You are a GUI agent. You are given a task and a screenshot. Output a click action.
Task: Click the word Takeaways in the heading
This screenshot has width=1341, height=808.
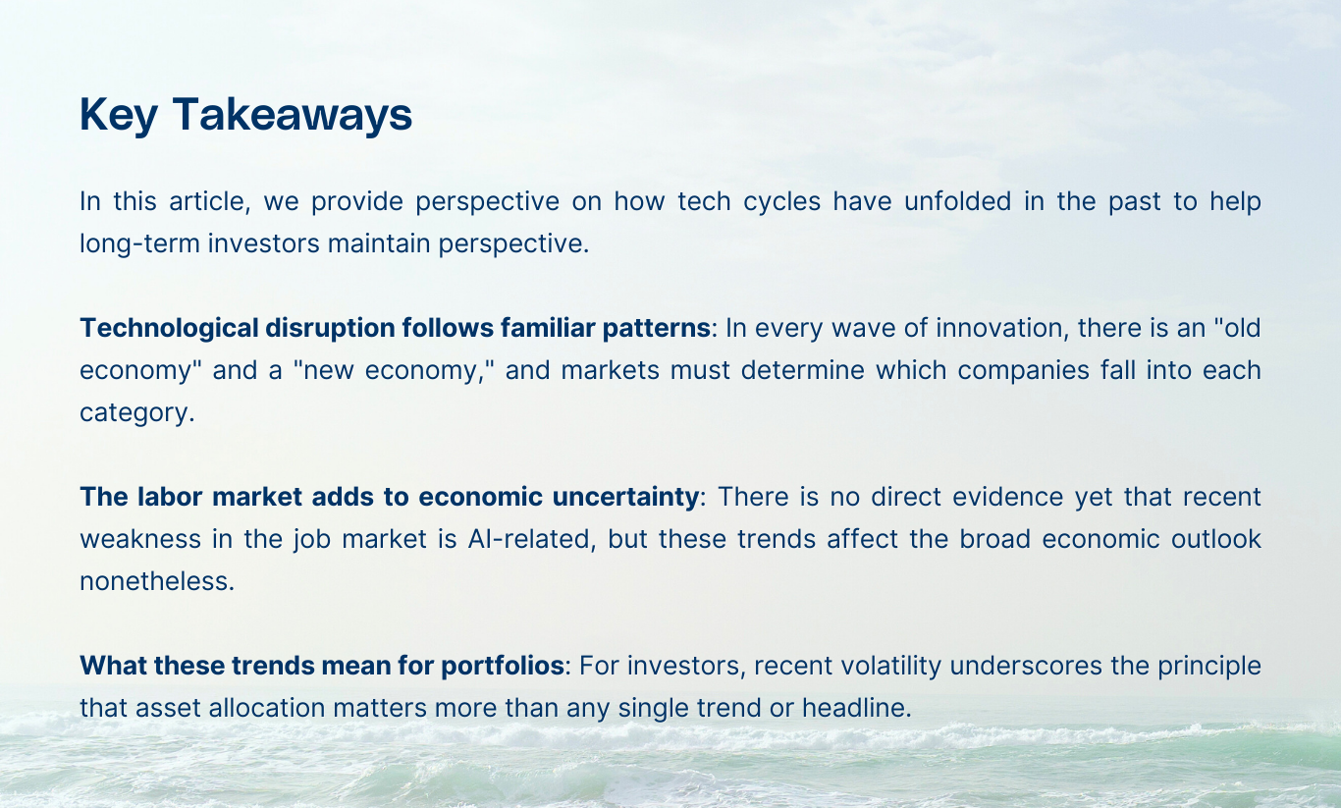pyautogui.click(x=293, y=115)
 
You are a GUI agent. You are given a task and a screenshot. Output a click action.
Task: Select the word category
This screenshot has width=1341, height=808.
pyautogui.click(x=136, y=411)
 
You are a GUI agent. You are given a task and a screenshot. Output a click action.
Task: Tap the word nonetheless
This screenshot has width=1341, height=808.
pyautogui.click(x=157, y=580)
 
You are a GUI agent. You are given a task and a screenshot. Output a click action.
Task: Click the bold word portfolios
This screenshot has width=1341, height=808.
pyautogui.click(x=503, y=665)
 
